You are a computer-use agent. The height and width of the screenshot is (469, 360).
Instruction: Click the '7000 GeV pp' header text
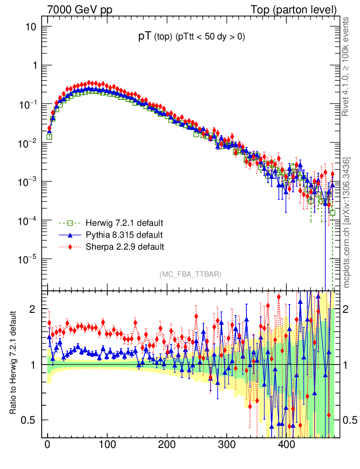tap(80, 10)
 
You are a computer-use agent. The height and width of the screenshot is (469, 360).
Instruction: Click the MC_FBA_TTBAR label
tap(191, 274)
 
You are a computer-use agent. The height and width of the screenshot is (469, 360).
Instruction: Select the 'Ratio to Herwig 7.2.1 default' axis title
tap(14, 363)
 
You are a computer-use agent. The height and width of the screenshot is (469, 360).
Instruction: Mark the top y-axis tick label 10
tap(31, 27)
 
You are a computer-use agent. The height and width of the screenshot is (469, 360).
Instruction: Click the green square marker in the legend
tap(70, 224)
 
